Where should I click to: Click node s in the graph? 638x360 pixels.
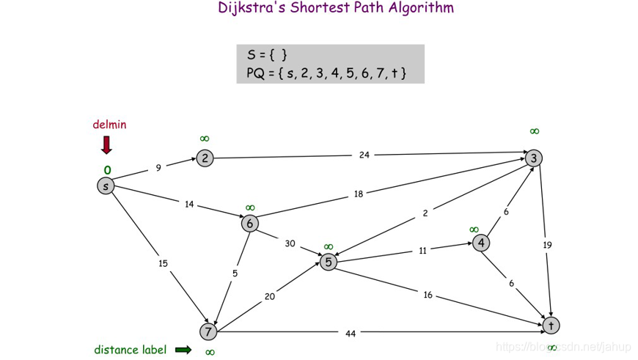coord(106,186)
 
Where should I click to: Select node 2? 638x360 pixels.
coord(205,158)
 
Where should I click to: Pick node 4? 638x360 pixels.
coord(481,243)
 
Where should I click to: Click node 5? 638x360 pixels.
coord(329,261)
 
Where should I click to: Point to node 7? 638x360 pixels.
coord(209,332)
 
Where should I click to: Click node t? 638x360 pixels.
coord(551,324)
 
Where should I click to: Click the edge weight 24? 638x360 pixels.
coord(364,155)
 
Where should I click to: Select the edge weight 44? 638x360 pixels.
coord(351,334)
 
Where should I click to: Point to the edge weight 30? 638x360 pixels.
coord(290,243)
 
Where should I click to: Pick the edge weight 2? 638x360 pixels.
coord(425,213)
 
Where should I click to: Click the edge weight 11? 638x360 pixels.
coord(423,250)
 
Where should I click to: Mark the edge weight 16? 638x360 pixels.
coord(428,295)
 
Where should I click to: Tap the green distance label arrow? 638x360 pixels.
coord(183,350)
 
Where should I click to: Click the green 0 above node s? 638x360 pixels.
coord(107,170)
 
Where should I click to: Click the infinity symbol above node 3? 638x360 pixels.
coord(535,131)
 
